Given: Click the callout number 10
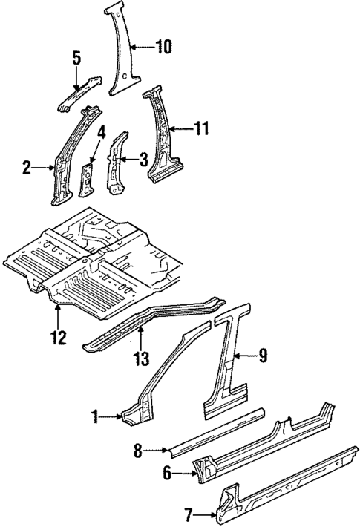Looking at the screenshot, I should tap(163, 48).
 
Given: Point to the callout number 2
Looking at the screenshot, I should tap(27, 169).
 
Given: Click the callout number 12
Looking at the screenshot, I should tap(58, 338).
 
